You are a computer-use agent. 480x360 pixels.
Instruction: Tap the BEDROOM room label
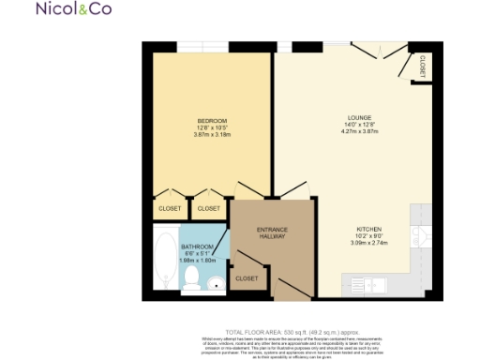[209, 120]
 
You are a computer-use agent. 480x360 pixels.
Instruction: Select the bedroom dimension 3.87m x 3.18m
[209, 134]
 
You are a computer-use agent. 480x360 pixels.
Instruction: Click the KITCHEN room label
[368, 230]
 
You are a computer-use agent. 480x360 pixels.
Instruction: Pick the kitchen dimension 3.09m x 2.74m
[368, 243]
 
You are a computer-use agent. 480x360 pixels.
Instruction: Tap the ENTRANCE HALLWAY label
[273, 233]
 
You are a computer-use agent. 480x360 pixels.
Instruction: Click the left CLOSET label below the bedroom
[169, 208]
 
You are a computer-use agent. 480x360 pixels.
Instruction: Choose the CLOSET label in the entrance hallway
[247, 278]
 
